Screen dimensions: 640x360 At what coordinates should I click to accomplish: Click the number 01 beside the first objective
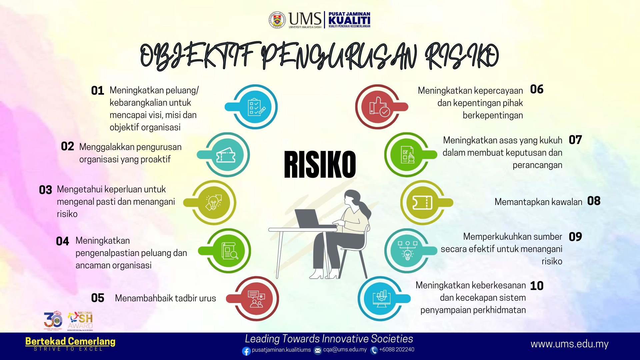98,91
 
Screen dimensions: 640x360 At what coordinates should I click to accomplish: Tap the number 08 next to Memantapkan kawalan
594,201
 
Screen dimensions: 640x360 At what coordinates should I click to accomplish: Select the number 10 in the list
537,286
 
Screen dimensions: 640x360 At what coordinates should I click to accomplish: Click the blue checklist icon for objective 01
255,107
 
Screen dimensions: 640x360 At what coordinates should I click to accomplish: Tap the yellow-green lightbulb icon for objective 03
214,203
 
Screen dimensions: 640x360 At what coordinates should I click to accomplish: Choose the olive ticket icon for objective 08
422,203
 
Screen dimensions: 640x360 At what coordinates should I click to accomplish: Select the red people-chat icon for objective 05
256,299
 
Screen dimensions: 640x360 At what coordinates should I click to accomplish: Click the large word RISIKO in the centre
320,164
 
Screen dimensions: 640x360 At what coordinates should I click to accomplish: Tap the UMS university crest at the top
277,20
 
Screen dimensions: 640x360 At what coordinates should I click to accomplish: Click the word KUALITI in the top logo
349,20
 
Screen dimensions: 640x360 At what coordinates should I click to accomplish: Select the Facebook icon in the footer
246,351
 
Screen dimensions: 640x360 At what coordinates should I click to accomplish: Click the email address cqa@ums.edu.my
345,350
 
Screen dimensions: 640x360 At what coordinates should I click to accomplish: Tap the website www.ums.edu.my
570,344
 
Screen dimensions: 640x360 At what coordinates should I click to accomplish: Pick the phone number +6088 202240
397,350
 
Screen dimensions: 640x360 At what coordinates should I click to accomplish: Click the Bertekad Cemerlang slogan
70,341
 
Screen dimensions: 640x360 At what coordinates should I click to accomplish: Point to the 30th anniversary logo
53,321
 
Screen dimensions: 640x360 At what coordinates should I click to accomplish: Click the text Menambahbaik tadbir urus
165,298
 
